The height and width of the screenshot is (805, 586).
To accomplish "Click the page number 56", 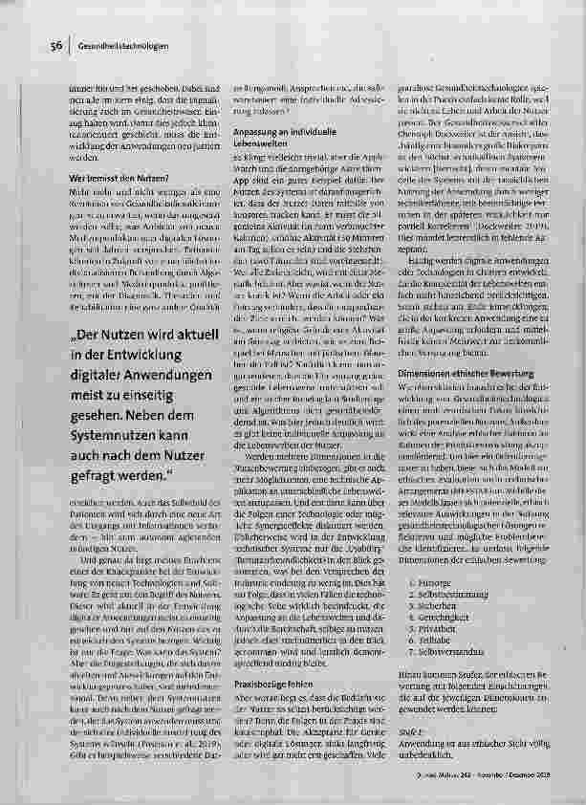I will pyautogui.click(x=55, y=45).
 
